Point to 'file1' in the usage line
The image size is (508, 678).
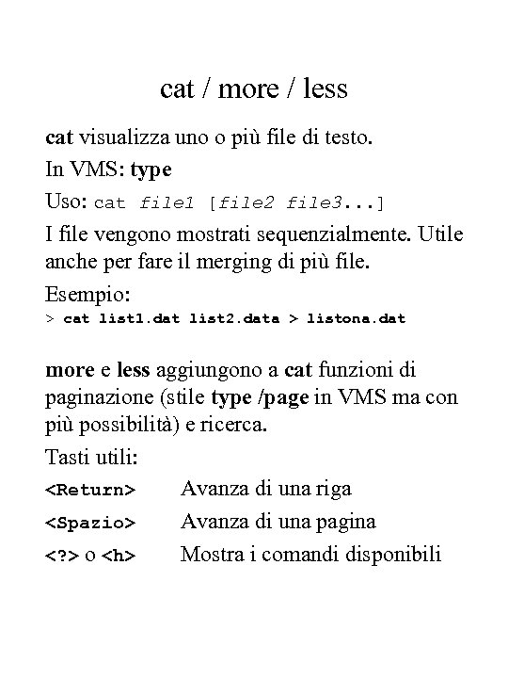[167, 202]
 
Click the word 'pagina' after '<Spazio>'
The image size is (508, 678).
[342, 521]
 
